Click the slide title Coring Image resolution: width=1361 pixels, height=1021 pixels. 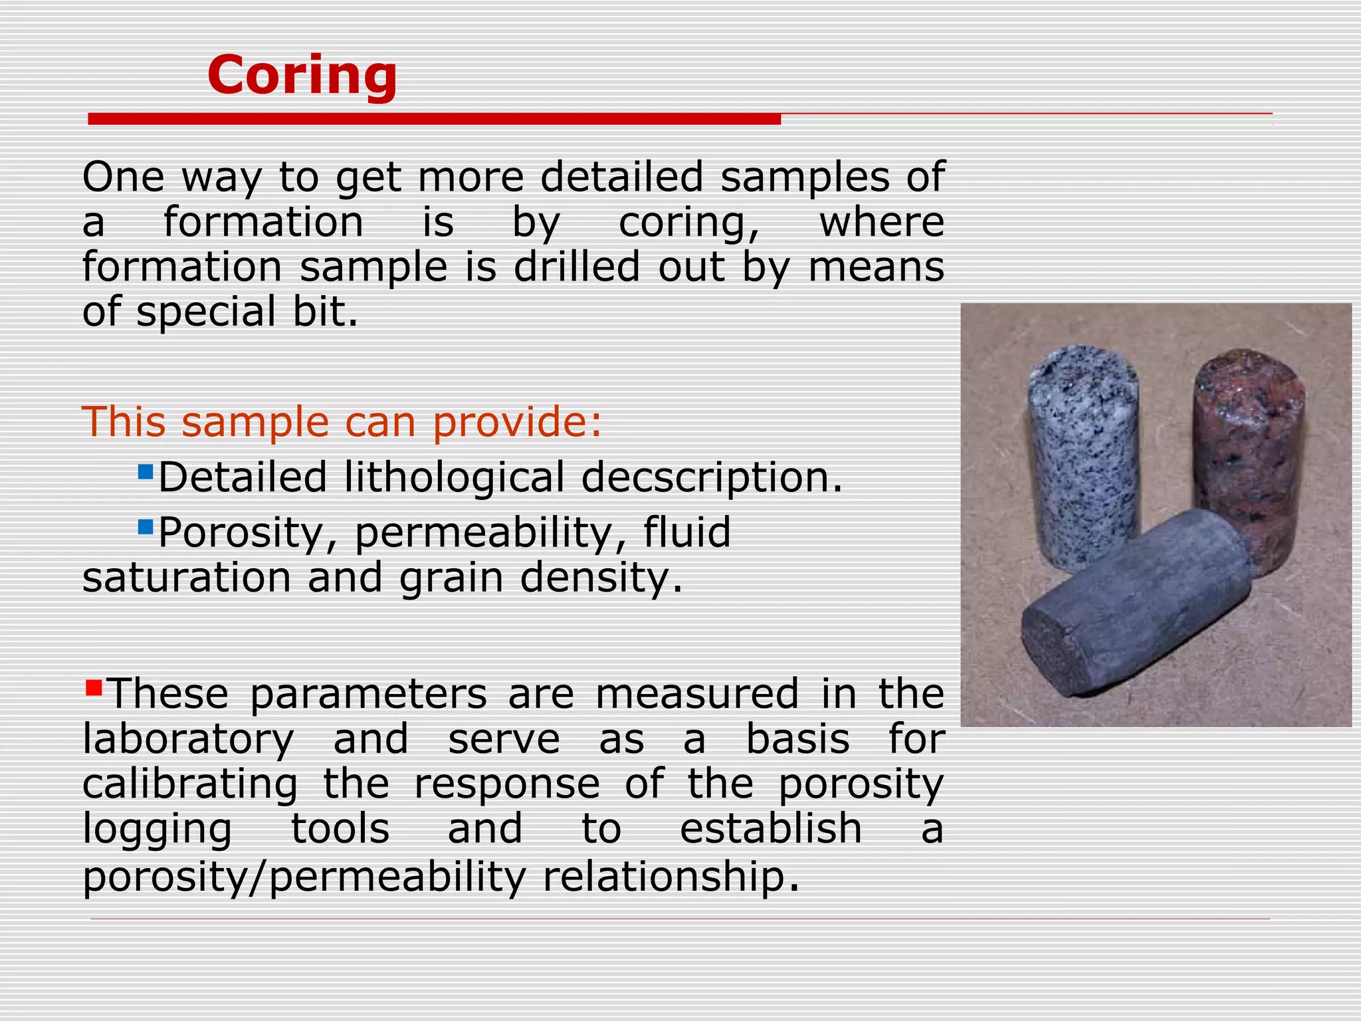coord(302,75)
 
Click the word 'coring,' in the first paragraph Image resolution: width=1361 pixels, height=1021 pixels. coord(689,223)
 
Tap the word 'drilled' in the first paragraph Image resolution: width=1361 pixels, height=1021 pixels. coord(576,267)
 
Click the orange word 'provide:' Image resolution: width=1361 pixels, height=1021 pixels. coord(517,422)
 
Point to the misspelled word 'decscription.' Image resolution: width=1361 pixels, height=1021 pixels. coord(712,478)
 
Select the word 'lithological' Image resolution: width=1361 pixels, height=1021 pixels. coord(454,478)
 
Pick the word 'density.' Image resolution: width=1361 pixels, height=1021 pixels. coord(601,578)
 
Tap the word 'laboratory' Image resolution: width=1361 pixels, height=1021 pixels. coord(188,739)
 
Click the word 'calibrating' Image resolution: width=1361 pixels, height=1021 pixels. coord(190,784)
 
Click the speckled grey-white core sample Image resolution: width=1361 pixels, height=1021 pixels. coord(1083,452)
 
